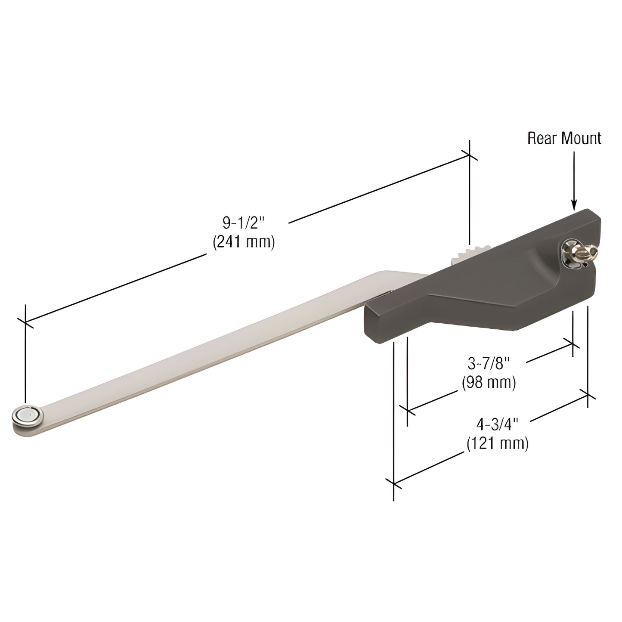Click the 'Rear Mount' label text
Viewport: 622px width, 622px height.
pyautogui.click(x=564, y=138)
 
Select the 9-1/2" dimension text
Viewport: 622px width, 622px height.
pyautogui.click(x=244, y=223)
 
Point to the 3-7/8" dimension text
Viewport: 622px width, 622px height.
pyautogui.click(x=489, y=364)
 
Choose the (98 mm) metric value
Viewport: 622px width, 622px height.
pyautogui.click(x=489, y=382)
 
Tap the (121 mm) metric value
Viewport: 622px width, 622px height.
pyautogui.click(x=497, y=443)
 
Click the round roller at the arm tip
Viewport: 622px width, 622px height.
pyautogui.click(x=28, y=415)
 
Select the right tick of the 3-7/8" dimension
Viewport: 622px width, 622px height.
pyautogui.click(x=573, y=343)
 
